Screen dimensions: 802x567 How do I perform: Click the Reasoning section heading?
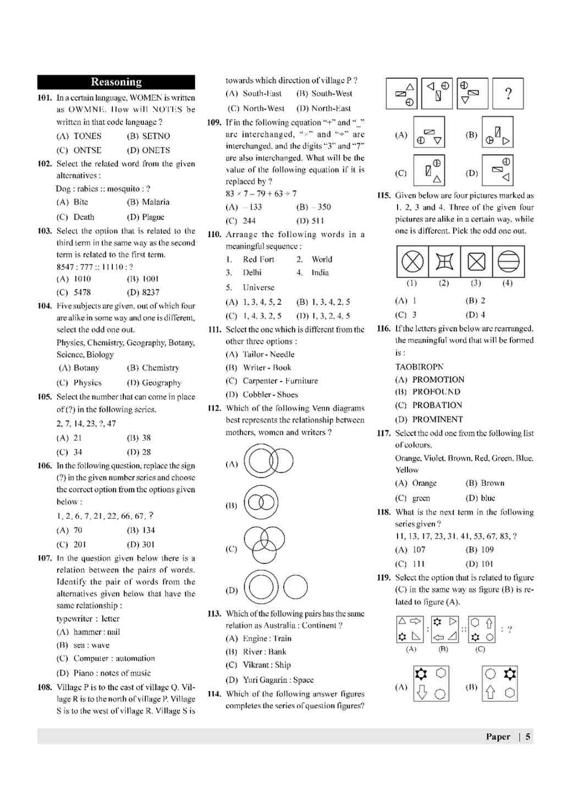coord(116,82)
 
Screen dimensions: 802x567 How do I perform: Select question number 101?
coord(45,98)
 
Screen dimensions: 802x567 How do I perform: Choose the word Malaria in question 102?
coord(156,202)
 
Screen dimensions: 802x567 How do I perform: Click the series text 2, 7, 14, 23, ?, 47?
coord(86,424)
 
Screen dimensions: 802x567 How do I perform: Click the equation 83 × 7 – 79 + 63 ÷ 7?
coord(261,194)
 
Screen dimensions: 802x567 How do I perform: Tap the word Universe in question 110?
coord(258,288)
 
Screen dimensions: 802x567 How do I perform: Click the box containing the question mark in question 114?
coord(508,94)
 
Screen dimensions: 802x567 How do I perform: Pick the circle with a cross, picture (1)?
coord(412,262)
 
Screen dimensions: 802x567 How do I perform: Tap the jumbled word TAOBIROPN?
coord(419,367)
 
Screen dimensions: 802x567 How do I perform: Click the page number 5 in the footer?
coord(527,737)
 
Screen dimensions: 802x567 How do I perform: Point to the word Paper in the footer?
coord(498,737)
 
